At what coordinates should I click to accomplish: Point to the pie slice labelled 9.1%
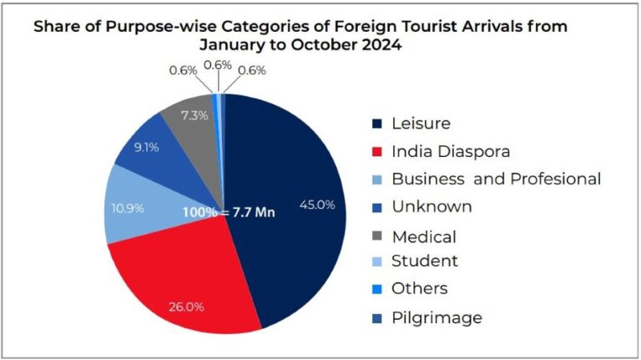pos(150,155)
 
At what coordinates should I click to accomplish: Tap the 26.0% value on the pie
pos(185,307)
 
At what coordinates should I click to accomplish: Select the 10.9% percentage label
pos(129,207)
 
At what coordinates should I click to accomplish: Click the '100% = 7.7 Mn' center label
pos(230,212)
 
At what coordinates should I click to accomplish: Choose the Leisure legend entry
pos(421,124)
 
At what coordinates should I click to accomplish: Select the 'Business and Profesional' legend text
pos(496,179)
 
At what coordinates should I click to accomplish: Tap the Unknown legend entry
pos(432,206)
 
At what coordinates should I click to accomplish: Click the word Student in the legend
pos(425,261)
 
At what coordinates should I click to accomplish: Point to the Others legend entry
pos(419,289)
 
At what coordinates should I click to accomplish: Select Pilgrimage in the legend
pos(437,317)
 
